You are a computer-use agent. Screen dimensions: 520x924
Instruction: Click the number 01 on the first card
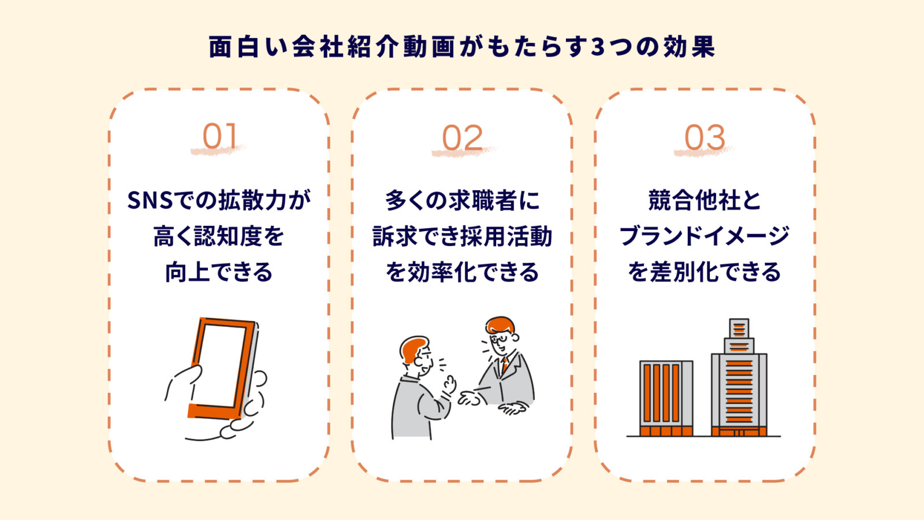219,137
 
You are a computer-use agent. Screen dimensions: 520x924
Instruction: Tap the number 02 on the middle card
462,138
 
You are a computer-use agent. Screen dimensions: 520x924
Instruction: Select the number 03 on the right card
705,138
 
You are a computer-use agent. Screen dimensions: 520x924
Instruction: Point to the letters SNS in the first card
150,200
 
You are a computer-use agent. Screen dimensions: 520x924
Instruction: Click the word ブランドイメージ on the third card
704,236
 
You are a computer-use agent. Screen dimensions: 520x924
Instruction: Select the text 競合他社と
704,200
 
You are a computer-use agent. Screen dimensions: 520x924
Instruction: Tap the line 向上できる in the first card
219,272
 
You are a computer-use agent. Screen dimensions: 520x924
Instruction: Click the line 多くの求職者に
462,200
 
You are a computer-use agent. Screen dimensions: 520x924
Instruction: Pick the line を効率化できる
462,272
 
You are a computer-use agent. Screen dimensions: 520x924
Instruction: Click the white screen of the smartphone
221,366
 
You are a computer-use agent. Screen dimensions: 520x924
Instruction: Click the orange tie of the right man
504,365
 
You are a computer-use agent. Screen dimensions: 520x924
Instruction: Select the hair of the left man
411,348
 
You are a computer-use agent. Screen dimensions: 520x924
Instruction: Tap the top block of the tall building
739,328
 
